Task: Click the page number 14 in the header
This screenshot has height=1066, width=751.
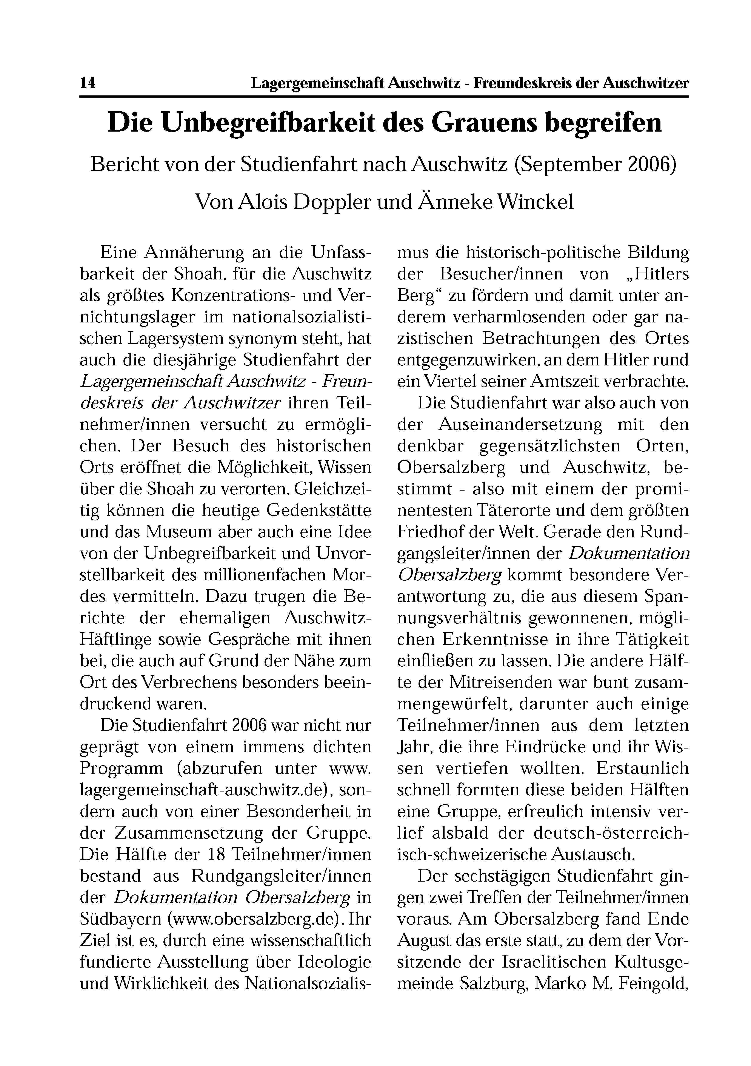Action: click(x=88, y=84)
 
